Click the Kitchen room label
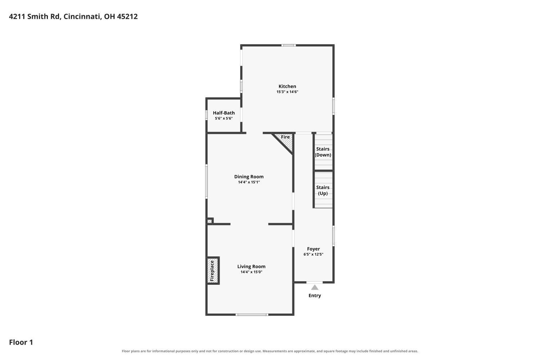click(x=287, y=86)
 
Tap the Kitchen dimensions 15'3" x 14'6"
click(x=287, y=92)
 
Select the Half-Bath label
click(x=224, y=113)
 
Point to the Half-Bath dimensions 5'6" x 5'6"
click(x=224, y=118)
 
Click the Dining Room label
click(x=249, y=177)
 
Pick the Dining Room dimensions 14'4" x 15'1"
click(x=249, y=182)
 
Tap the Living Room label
click(x=251, y=266)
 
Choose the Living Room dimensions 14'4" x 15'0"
click(x=251, y=272)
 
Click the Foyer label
click(x=314, y=249)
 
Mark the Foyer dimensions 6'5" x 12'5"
click(x=314, y=254)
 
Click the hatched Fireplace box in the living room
click(x=213, y=271)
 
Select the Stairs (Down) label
click(x=323, y=152)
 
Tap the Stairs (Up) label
click(x=323, y=190)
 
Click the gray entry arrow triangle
click(x=315, y=287)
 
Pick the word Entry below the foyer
click(x=315, y=296)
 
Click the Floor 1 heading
click(x=21, y=342)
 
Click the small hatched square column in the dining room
click(x=210, y=221)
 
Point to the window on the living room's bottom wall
click(x=252, y=315)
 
